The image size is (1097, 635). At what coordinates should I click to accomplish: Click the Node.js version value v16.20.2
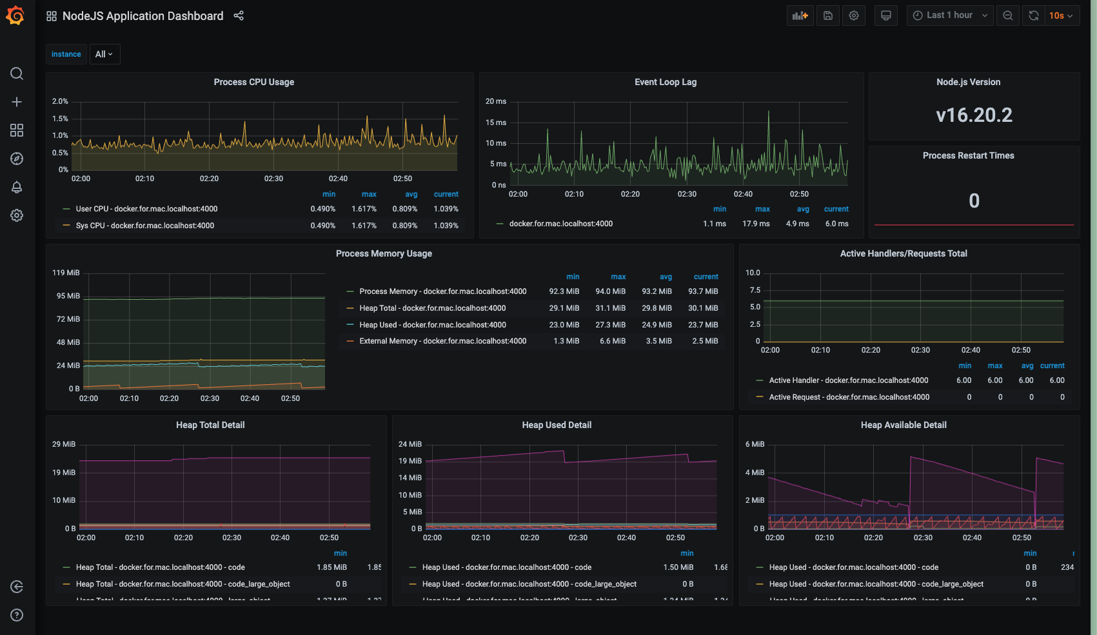(974, 115)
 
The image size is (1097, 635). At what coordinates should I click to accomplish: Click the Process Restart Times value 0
(974, 200)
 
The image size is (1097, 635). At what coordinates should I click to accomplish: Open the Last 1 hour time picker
(949, 15)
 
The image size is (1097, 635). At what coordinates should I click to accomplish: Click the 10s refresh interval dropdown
(1060, 15)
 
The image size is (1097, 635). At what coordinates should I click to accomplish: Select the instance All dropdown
(104, 54)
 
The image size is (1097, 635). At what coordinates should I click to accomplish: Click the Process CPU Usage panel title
(253, 82)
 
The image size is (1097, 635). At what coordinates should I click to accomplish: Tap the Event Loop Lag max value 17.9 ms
(756, 224)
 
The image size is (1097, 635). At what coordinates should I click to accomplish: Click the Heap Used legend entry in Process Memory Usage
(432, 325)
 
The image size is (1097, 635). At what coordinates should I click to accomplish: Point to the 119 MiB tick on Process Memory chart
(66, 273)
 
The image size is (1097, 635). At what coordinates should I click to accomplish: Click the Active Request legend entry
(849, 397)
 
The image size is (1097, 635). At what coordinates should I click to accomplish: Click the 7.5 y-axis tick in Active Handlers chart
(755, 290)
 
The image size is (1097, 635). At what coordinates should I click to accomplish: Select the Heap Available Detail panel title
(903, 425)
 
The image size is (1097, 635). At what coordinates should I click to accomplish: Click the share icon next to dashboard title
(239, 15)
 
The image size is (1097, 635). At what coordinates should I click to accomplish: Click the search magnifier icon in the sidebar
(17, 73)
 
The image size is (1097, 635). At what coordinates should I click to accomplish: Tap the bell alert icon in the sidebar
(17, 187)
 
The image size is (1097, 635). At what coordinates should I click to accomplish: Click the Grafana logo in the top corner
(15, 15)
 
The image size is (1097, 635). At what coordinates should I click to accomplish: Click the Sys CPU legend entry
(144, 226)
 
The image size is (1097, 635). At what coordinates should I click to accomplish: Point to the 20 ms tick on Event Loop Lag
(495, 101)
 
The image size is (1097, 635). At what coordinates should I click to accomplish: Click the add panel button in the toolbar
(800, 15)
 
